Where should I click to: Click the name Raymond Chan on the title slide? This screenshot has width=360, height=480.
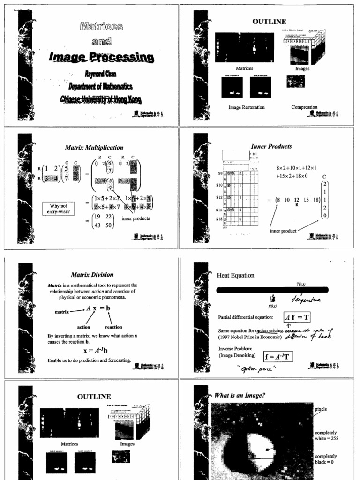[x=101, y=74]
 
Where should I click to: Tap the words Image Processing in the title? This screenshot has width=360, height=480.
[x=101, y=57]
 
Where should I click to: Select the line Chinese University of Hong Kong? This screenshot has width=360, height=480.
[x=101, y=99]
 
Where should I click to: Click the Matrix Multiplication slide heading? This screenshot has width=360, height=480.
[x=94, y=147]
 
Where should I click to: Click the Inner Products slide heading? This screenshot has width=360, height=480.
[x=271, y=146]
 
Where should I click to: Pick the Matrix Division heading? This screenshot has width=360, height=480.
[x=92, y=275]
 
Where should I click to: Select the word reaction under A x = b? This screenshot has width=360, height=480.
[x=113, y=327]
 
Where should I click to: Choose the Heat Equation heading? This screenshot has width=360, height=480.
[x=235, y=275]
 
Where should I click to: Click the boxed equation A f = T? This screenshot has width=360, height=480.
[x=298, y=317]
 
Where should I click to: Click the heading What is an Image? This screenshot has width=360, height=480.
[x=240, y=395]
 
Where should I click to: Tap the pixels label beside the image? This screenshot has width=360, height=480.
[x=321, y=409]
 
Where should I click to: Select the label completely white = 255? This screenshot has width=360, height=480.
[x=326, y=435]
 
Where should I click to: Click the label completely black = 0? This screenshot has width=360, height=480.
[x=326, y=459]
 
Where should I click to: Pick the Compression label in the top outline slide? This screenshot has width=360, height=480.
[x=304, y=107]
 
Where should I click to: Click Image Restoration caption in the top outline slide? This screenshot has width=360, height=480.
[x=246, y=107]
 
